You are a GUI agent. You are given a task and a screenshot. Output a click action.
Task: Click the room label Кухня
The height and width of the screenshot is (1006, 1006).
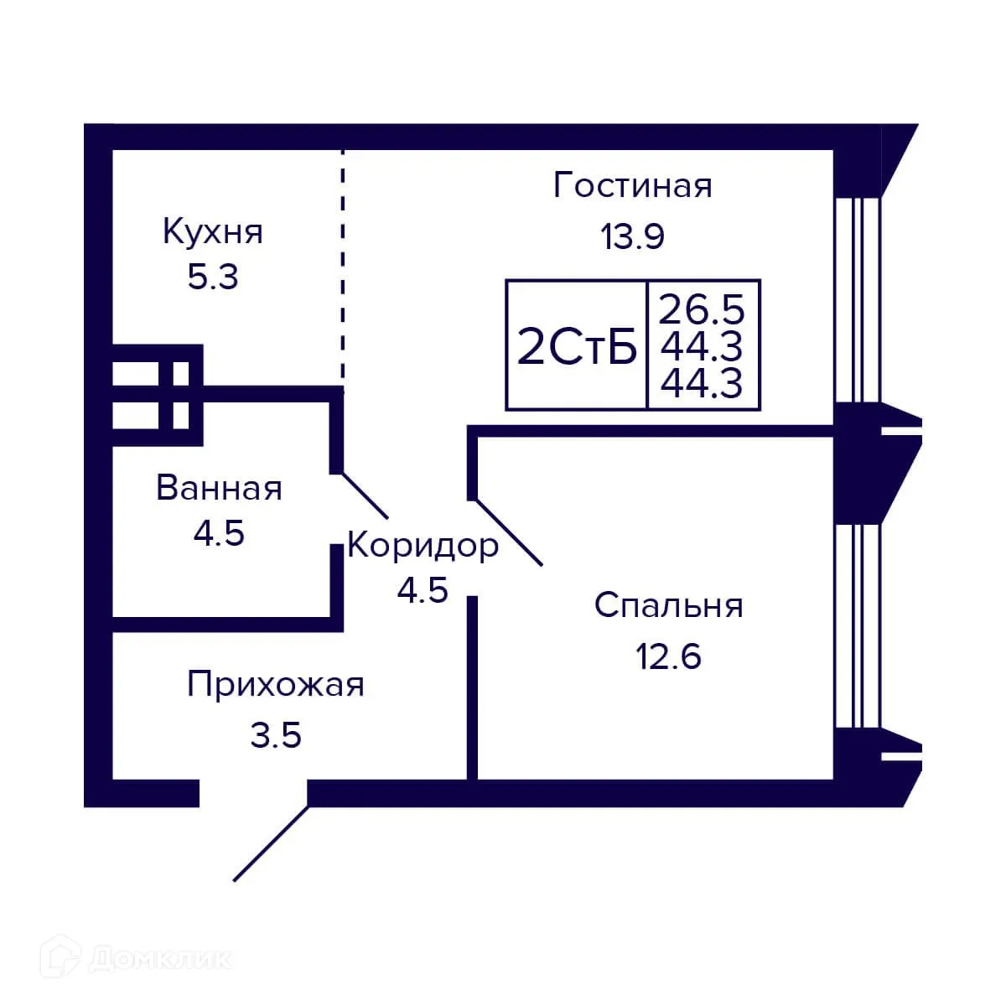pos(213,231)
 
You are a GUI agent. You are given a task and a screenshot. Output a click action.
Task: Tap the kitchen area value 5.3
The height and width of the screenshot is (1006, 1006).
pos(213,277)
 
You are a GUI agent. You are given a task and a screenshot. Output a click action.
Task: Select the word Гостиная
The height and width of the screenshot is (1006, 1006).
pos(632,185)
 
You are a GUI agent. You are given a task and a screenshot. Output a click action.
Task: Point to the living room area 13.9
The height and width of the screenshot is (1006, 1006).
pos(632,237)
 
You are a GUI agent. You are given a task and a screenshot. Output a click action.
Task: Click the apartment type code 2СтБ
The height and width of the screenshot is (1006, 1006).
pos(577,348)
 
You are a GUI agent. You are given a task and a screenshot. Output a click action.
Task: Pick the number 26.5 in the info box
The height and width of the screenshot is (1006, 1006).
pos(702,309)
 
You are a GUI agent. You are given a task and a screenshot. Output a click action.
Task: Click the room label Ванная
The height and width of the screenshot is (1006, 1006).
pos(219,488)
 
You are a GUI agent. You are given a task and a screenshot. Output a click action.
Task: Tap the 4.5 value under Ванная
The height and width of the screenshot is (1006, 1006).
pos(219,533)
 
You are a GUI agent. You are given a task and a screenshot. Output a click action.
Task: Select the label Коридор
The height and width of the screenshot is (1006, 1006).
pos(423,546)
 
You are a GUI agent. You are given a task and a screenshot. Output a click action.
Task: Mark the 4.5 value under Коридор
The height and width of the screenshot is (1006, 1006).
pos(423,591)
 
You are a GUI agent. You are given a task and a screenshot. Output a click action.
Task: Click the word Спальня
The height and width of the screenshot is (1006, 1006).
pos(668,605)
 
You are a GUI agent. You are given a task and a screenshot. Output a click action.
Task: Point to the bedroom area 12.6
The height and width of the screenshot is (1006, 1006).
pos(668,657)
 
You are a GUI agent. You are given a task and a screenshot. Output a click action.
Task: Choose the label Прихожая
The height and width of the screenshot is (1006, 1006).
pos(276,685)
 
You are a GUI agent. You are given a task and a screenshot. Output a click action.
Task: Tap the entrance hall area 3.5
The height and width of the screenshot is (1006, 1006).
pos(276,736)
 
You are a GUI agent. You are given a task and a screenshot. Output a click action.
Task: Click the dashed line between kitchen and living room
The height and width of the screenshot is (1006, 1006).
pos(342,268)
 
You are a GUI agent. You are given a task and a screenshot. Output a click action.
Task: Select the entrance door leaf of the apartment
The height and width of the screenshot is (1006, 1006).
pos(271,843)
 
